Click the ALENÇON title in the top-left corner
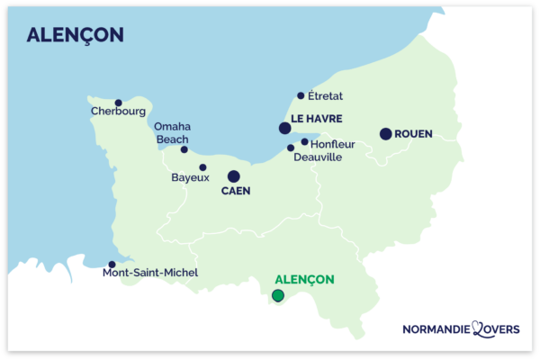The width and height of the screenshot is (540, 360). tap(76, 35)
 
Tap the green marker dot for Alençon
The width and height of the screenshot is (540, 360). tap(278, 295)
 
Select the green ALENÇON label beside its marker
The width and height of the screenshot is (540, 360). tap(303, 279)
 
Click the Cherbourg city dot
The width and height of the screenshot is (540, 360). tap(118, 103)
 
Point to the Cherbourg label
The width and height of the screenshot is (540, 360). tap(118, 112)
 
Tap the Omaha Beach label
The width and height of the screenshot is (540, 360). tap(172, 133)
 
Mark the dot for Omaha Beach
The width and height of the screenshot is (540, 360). tap(184, 149)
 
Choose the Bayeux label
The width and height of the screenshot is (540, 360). tap(190, 178)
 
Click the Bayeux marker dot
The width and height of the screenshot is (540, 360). tap(202, 167)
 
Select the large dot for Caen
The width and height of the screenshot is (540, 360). tap(234, 176)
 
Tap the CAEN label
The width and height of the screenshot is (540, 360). tap(235, 191)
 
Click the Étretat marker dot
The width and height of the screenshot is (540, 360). tap(301, 95)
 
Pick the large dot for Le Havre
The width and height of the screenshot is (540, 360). tap(284, 128)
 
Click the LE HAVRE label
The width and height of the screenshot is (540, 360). tap(316, 119)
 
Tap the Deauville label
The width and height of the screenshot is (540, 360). tap(319, 157)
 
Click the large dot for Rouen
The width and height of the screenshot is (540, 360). tap(385, 134)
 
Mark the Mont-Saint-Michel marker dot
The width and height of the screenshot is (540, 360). tap(112, 265)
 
